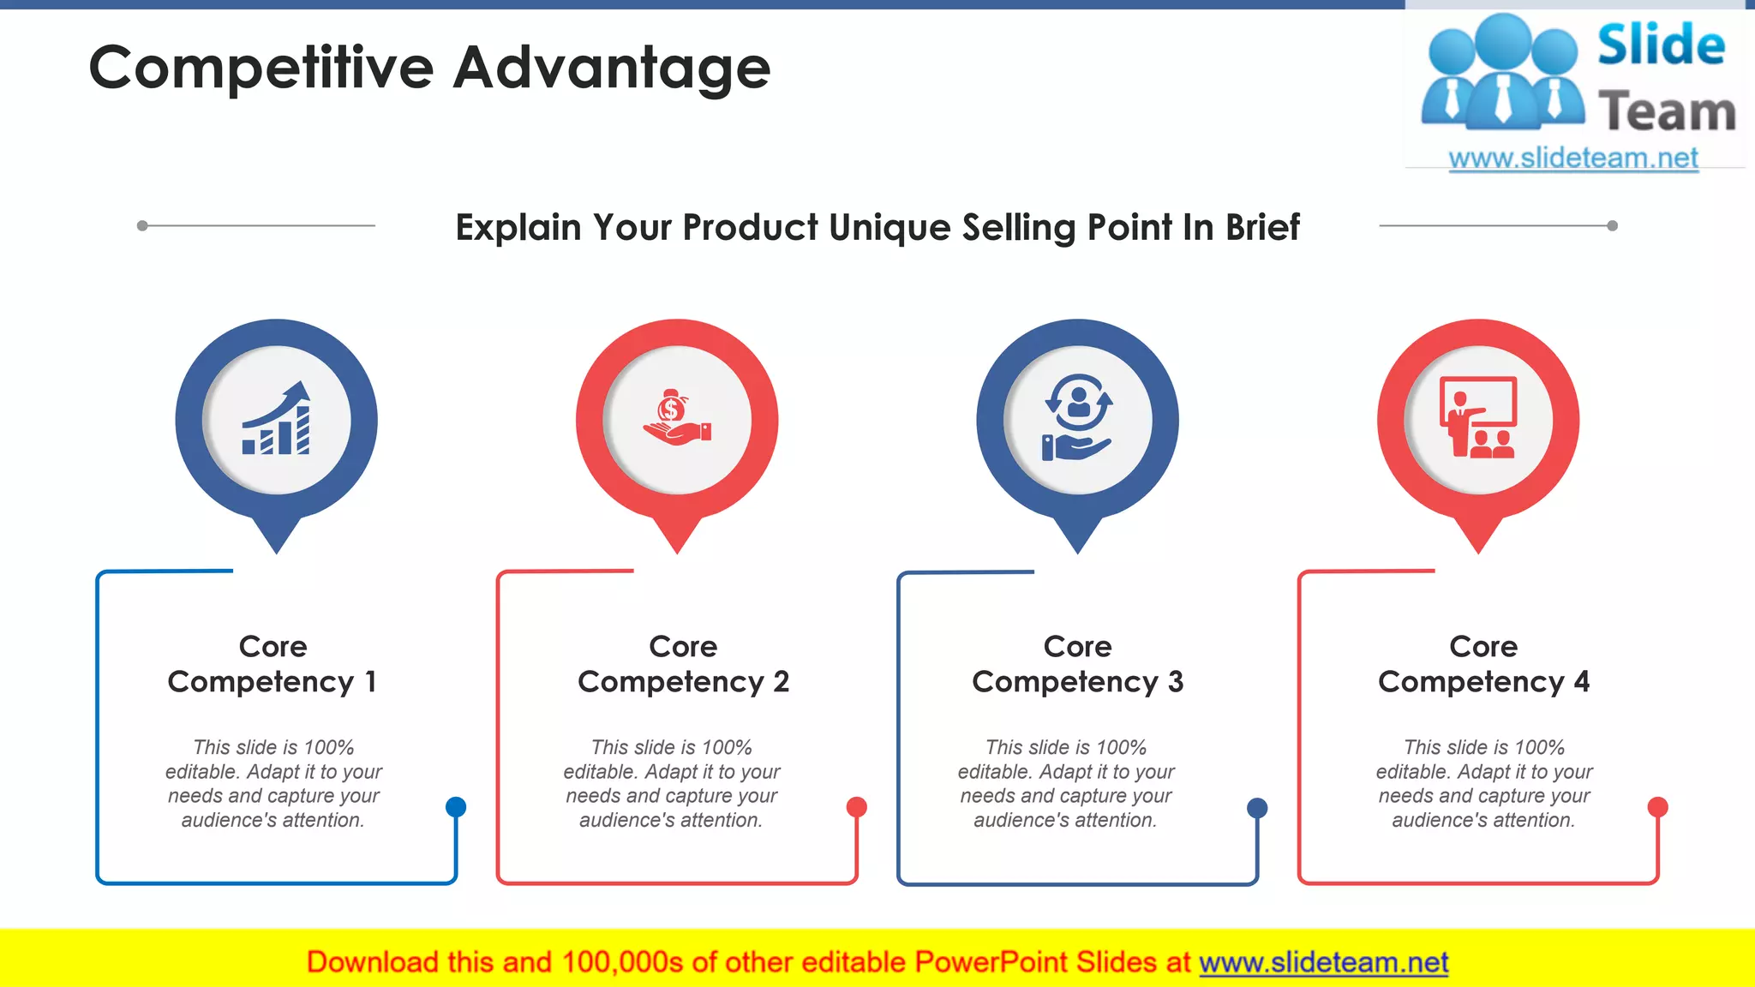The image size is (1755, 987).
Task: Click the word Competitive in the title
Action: click(x=261, y=69)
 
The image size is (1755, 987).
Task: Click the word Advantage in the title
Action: click(x=612, y=69)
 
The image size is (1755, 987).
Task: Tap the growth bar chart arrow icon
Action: click(x=277, y=419)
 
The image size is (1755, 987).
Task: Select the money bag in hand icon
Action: click(x=677, y=419)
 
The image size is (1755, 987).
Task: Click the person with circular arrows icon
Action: click(x=1077, y=419)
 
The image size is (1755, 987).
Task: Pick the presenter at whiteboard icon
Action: click(x=1478, y=419)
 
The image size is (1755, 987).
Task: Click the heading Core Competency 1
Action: click(x=273, y=664)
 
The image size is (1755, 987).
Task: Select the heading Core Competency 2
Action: click(x=683, y=664)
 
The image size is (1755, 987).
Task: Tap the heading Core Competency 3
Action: click(x=1077, y=664)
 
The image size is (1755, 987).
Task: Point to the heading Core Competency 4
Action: click(x=1483, y=664)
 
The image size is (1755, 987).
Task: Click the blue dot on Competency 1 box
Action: click(x=456, y=806)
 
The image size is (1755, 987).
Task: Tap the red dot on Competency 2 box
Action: click(x=856, y=806)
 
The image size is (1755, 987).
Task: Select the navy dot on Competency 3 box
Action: click(x=1257, y=807)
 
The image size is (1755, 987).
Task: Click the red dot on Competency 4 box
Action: click(x=1658, y=806)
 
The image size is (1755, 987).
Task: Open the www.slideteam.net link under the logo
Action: click(x=1573, y=159)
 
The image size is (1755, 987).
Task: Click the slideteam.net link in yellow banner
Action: click(x=1323, y=962)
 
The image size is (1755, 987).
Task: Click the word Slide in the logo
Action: click(x=1661, y=45)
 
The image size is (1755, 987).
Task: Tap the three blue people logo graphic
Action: click(x=1503, y=73)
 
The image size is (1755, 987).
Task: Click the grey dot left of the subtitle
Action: click(x=142, y=225)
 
